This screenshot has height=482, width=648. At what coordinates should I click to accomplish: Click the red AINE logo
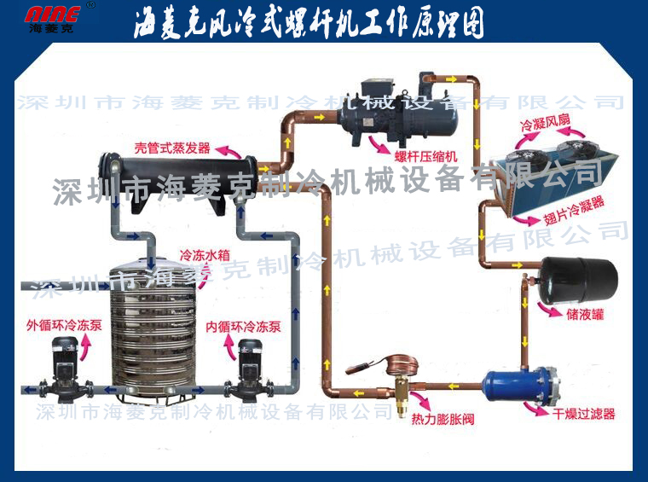pyautogui.click(x=52, y=15)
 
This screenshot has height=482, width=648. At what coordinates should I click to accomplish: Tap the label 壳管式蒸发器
pyautogui.click(x=172, y=148)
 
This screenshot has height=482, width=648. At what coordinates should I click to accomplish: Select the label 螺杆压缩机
pyautogui.click(x=425, y=157)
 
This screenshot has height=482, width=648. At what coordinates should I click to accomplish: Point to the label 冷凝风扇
pyautogui.click(x=545, y=122)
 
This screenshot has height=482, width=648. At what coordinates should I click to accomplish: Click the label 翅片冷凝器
pyautogui.click(x=574, y=210)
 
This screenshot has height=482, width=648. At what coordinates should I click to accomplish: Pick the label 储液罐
pyautogui.click(x=585, y=314)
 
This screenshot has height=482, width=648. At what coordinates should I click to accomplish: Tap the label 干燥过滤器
pyautogui.click(x=583, y=414)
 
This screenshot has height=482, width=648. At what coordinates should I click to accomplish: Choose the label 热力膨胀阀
pyautogui.click(x=443, y=419)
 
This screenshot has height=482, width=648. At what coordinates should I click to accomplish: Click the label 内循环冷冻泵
pyautogui.click(x=243, y=327)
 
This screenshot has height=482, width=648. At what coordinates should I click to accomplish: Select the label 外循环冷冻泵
pyautogui.click(x=64, y=325)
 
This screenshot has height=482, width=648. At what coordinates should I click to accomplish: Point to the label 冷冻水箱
pyautogui.click(x=205, y=255)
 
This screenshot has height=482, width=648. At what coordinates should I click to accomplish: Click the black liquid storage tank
pyautogui.click(x=579, y=281)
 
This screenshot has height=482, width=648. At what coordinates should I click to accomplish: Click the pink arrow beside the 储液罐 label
pyautogui.click(x=549, y=309)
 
